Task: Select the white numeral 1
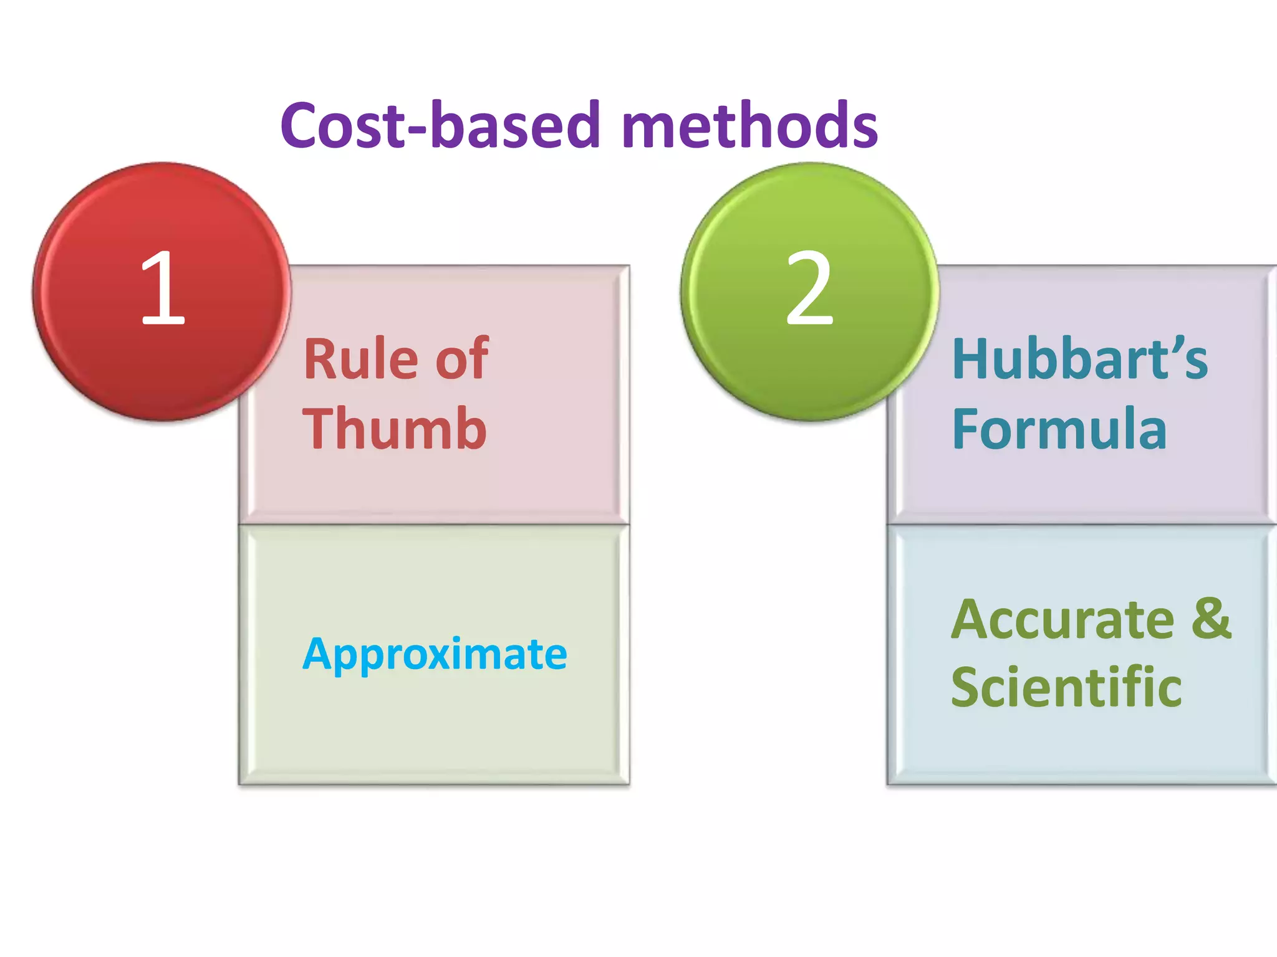coord(163,288)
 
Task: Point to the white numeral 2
coord(809,288)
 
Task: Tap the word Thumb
coord(394,429)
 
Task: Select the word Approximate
coord(435,654)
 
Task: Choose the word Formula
coord(1059,429)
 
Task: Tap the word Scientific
coord(1066,687)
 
